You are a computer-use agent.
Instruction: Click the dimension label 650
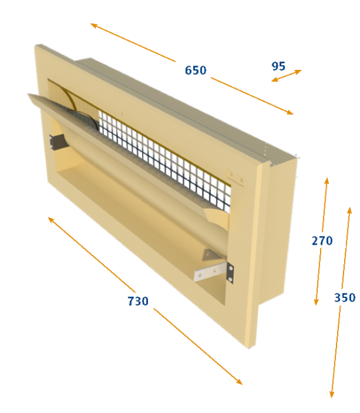click(196, 71)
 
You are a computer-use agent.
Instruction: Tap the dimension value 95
click(279, 66)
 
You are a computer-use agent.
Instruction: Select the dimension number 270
click(322, 241)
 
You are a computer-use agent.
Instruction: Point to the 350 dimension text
click(345, 297)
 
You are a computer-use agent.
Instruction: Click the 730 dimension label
click(138, 301)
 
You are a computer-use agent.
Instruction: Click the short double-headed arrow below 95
click(286, 76)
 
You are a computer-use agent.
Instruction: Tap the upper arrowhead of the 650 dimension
click(93, 25)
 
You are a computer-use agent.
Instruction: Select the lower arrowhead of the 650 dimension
click(290, 112)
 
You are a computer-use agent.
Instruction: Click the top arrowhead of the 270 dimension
click(326, 181)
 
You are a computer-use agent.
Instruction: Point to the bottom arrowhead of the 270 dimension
click(316, 302)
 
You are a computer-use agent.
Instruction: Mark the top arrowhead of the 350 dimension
click(349, 211)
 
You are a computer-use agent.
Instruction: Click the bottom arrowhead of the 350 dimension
click(332, 395)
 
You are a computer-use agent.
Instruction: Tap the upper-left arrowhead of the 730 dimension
click(51, 220)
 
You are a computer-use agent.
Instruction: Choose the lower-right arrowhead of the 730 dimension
click(239, 382)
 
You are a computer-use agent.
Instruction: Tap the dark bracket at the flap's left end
click(57, 141)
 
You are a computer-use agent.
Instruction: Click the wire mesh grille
click(164, 158)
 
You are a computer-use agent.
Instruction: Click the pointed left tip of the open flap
click(29, 95)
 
